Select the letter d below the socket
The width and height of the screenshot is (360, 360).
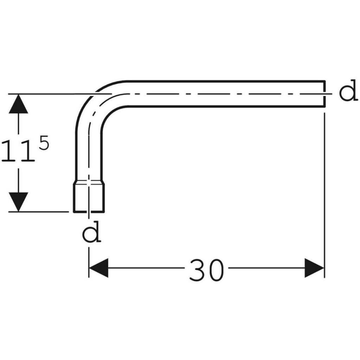point(92,232)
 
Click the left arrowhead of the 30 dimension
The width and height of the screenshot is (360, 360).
point(98,268)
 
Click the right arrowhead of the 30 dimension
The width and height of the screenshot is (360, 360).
point(314,268)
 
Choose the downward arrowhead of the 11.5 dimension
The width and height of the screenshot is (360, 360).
point(18,202)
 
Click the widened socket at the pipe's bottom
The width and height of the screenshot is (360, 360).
point(89,198)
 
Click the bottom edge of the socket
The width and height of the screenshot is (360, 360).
point(89,212)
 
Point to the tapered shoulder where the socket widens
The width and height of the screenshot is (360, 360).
point(89,182)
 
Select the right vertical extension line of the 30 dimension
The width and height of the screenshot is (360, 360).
point(324,195)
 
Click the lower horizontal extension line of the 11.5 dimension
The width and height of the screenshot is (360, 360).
point(39,212)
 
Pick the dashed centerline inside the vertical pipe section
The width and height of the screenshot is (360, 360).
point(89,161)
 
